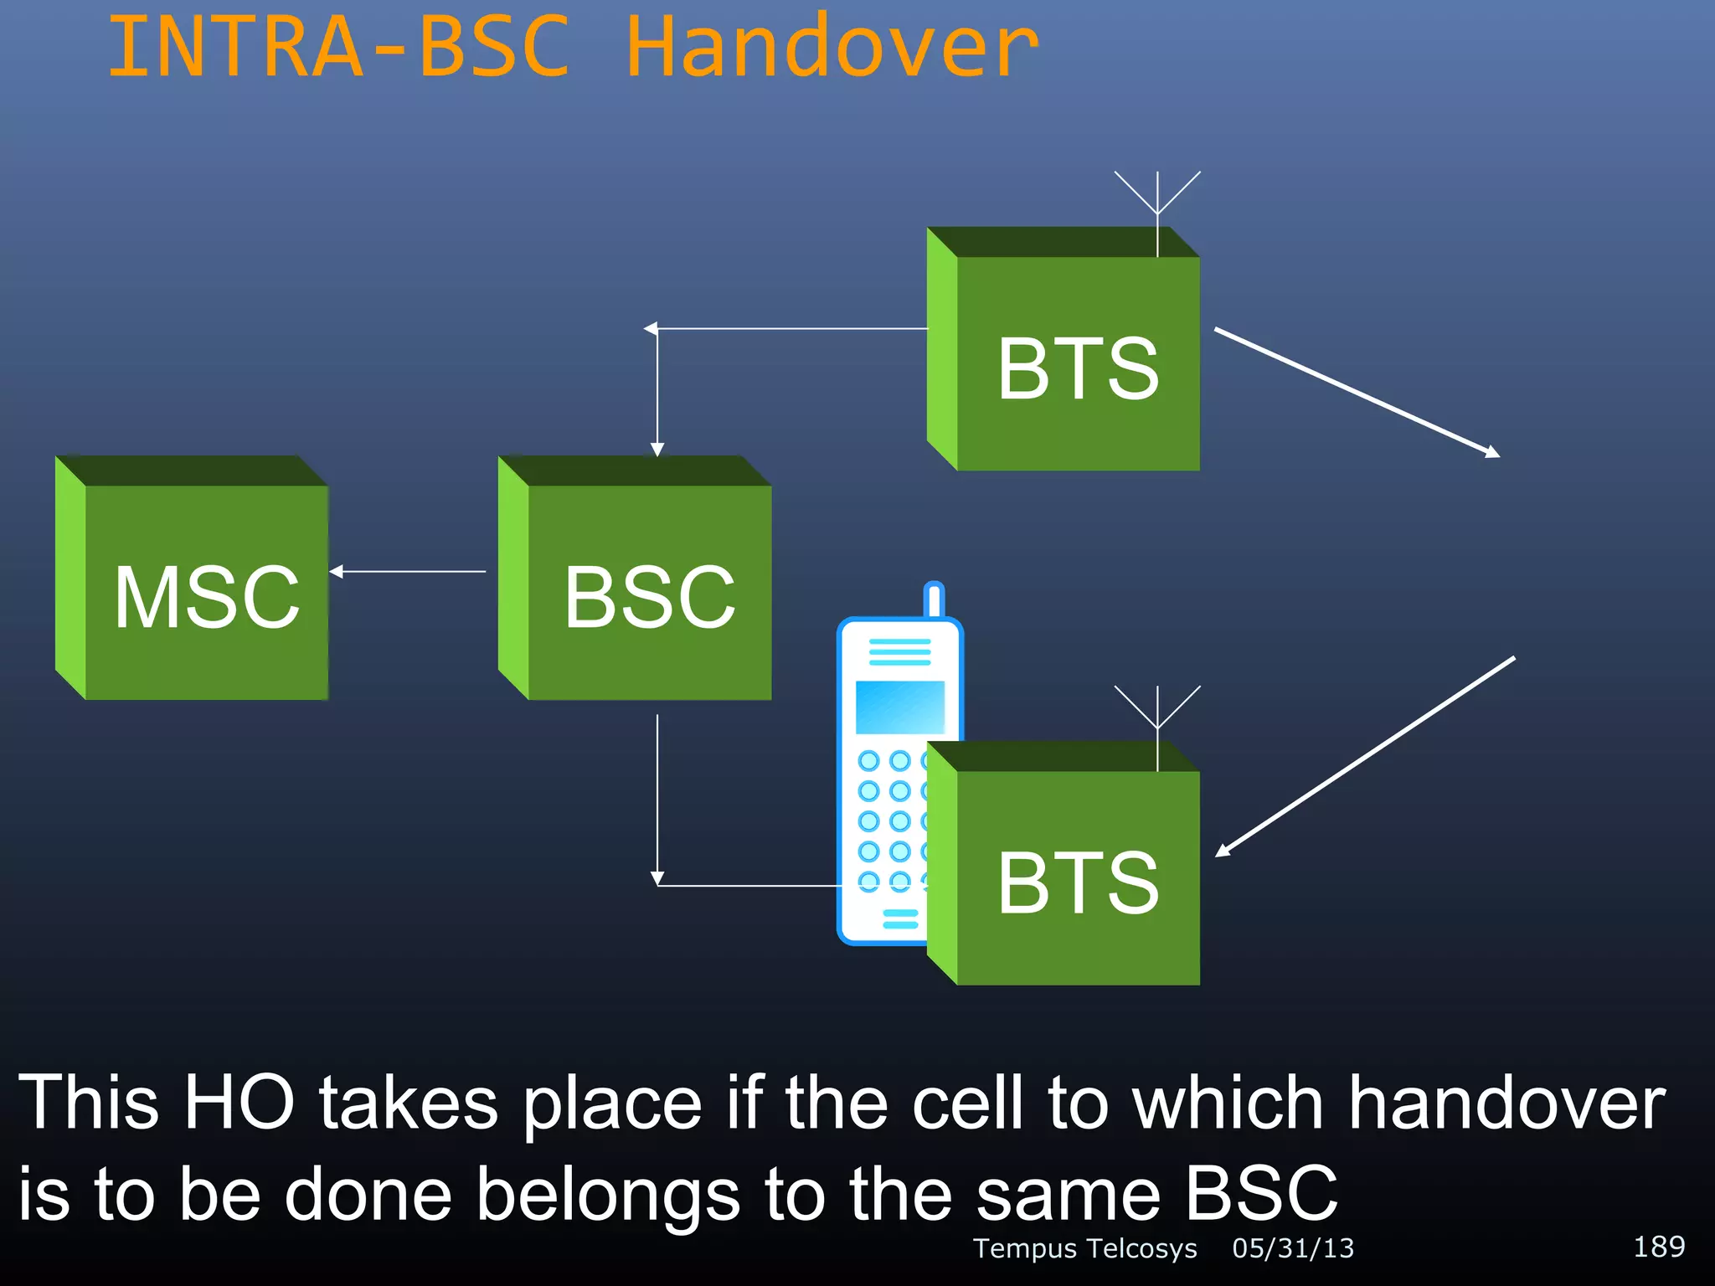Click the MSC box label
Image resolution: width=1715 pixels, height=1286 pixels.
pos(207,597)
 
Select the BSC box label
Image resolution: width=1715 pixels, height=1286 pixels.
pos(649,597)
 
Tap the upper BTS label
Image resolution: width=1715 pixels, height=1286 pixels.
pos(1078,368)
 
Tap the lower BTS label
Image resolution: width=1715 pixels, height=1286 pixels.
pos(1078,882)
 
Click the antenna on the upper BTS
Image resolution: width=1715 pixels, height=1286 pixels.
pos(1157,201)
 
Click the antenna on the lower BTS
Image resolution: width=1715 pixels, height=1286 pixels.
pos(1157,716)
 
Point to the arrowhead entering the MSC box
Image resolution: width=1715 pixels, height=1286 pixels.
pos(337,572)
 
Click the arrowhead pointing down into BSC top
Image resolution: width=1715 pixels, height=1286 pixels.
pos(657,450)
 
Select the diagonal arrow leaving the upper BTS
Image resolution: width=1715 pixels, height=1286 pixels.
pos(1357,392)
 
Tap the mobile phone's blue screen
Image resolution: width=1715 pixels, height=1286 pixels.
pos(899,707)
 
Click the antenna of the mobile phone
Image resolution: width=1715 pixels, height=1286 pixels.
pos(934,599)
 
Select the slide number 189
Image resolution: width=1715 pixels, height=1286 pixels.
pos(1659,1247)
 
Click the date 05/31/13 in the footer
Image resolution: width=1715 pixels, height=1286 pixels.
pos(1293,1248)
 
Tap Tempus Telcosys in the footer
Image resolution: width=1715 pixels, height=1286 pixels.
pos(1085,1248)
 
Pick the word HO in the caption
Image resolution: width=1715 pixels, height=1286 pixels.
pos(239,1103)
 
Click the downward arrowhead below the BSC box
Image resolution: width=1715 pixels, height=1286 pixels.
pos(657,877)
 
